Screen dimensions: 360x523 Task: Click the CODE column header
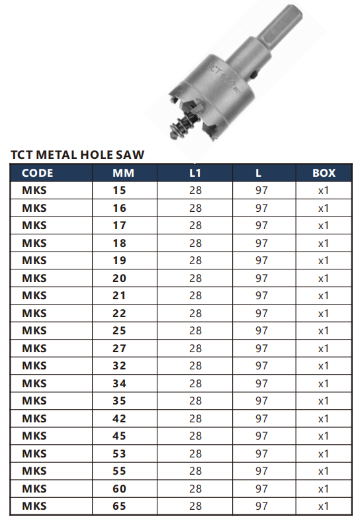pos(37,173)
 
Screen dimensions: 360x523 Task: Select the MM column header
pos(123,173)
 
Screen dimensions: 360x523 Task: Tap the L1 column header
pos(195,173)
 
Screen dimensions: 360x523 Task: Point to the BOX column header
pos(324,173)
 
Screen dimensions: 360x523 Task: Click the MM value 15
pos(119,191)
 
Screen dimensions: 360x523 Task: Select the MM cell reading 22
pos(119,314)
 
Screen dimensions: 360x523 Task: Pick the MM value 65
pos(119,506)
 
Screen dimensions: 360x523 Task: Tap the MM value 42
pos(119,418)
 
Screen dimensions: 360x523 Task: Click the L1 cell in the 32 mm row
pos(195,366)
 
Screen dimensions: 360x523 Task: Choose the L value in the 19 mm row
pos(261,260)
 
